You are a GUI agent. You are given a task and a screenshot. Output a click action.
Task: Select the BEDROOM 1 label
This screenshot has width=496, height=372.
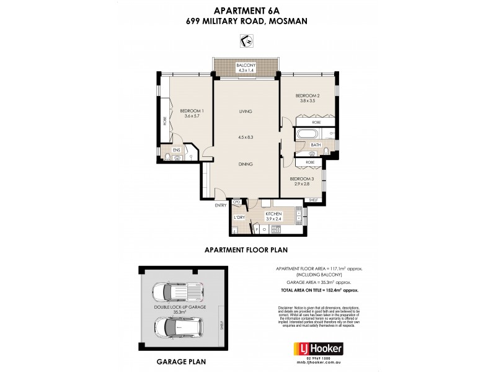tap(192, 111)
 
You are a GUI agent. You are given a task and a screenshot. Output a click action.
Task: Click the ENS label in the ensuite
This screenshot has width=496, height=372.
tap(176, 149)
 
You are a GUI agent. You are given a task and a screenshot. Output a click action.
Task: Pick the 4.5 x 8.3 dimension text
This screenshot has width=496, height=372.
tap(247, 138)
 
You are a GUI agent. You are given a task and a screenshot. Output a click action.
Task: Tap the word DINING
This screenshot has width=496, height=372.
tap(247, 164)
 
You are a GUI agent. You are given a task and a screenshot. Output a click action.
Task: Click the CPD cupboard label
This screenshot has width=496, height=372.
tap(236, 202)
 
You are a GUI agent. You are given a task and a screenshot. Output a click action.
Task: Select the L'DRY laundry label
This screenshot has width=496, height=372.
tap(238, 217)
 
